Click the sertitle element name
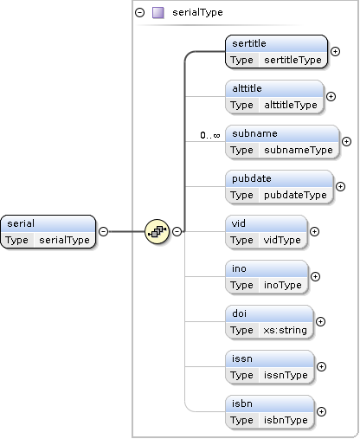click(249, 43)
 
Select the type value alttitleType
click(291, 105)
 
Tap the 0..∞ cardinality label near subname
click(210, 135)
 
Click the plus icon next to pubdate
click(340, 186)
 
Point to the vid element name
click(239, 223)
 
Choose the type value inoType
click(283, 285)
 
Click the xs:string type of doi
click(285, 330)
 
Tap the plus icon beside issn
click(321, 366)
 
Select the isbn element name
click(242, 403)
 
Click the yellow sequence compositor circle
click(157, 231)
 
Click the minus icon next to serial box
click(103, 231)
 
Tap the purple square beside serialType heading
click(158, 13)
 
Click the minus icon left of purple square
click(140, 13)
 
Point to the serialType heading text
click(197, 12)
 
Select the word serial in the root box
click(21, 223)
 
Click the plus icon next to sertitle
click(335, 51)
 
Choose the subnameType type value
click(299, 150)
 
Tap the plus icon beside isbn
click(321, 411)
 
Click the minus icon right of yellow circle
click(177, 231)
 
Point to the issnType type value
click(286, 375)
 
